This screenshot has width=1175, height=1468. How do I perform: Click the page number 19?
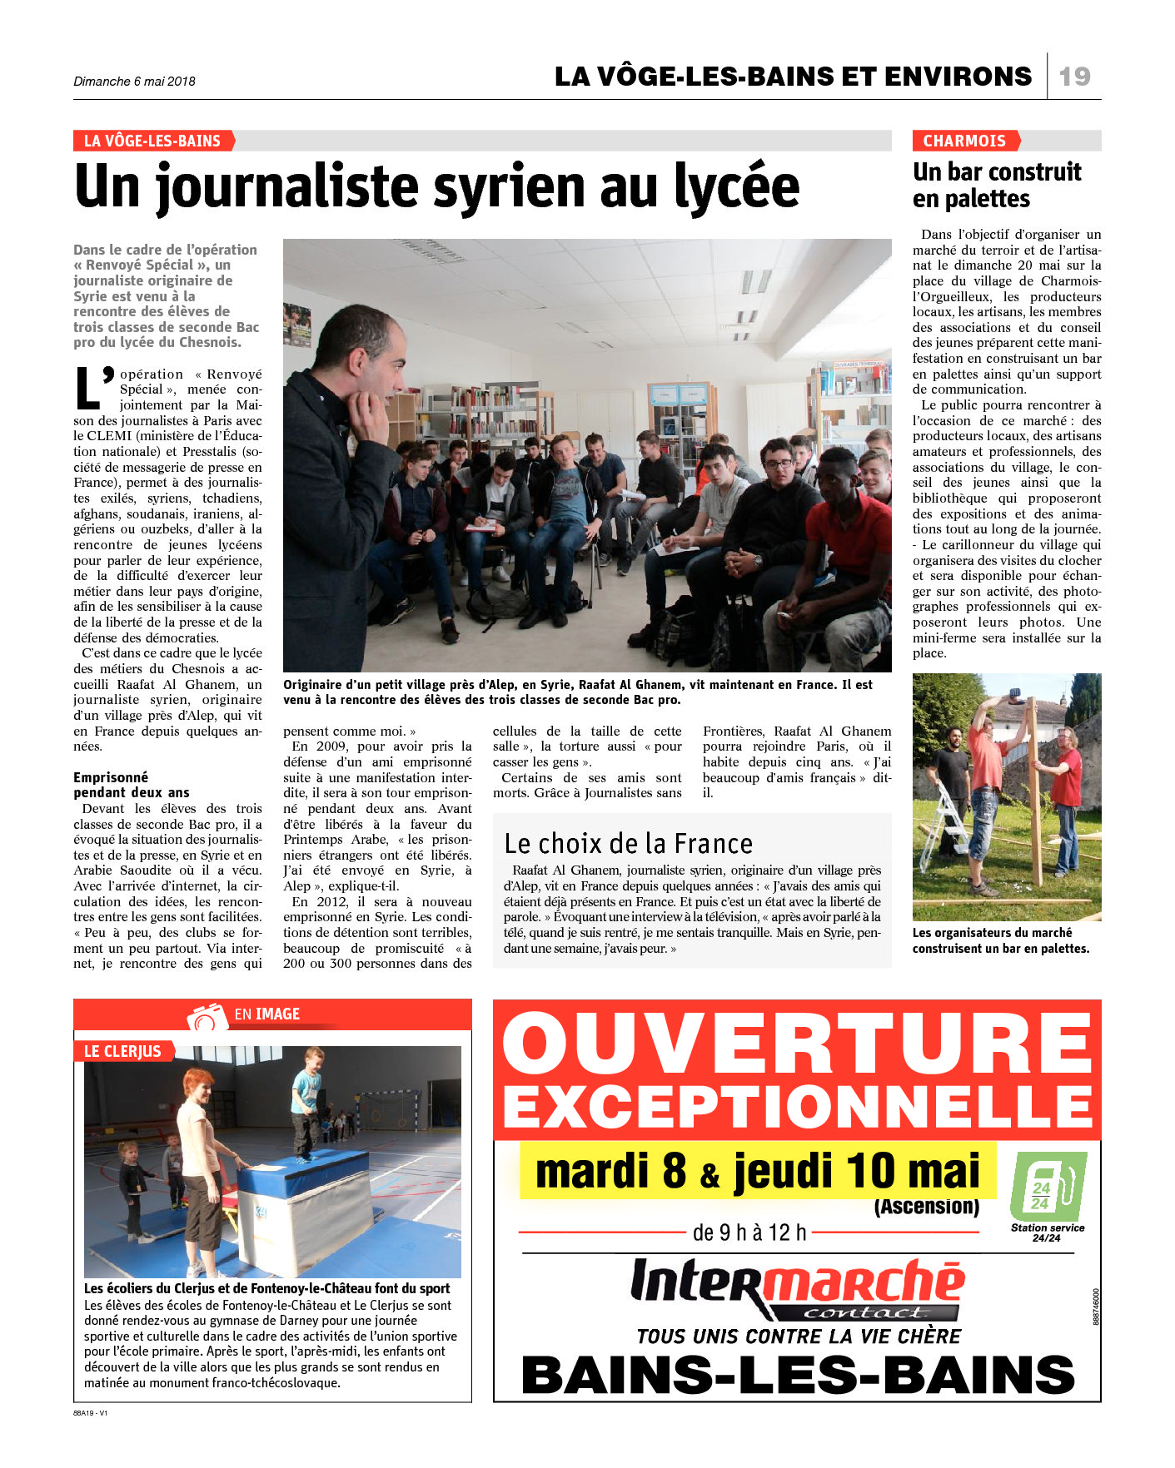click(1074, 77)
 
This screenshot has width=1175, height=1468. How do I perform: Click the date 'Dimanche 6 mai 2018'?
click(134, 82)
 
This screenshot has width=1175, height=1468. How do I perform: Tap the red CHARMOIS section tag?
click(964, 141)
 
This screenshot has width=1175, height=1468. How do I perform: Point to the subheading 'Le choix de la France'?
click(628, 844)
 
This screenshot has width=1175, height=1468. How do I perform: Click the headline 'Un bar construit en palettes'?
click(996, 185)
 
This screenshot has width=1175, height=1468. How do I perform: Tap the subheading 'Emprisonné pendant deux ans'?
click(132, 785)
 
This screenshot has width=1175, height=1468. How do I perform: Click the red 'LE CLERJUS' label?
click(122, 1051)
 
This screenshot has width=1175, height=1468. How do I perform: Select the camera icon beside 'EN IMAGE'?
click(207, 1016)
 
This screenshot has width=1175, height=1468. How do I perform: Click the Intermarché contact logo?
click(797, 1289)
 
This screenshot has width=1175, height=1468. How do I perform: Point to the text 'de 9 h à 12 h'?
click(749, 1232)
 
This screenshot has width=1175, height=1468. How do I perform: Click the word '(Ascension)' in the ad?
click(926, 1206)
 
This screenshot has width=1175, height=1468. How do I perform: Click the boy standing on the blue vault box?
click(306, 1103)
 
